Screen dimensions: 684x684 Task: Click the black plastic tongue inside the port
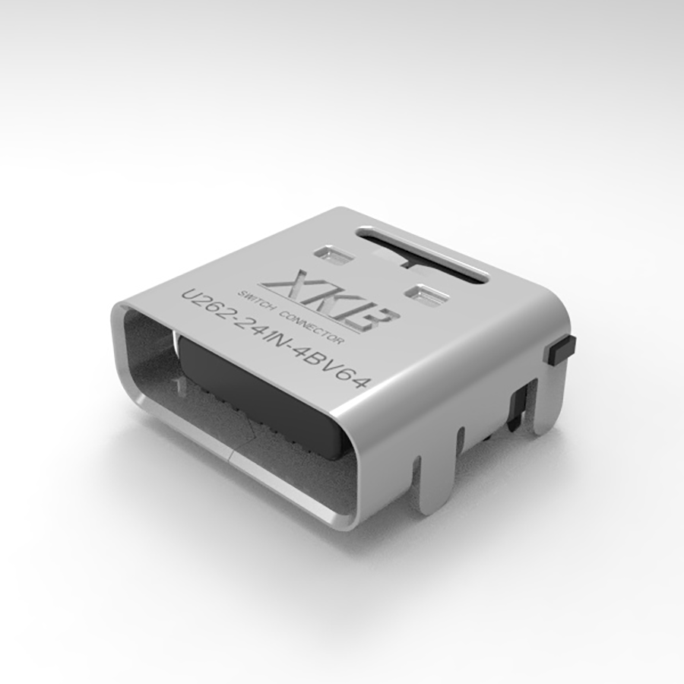(x=266, y=388)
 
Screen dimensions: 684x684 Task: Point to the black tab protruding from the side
(x=560, y=350)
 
